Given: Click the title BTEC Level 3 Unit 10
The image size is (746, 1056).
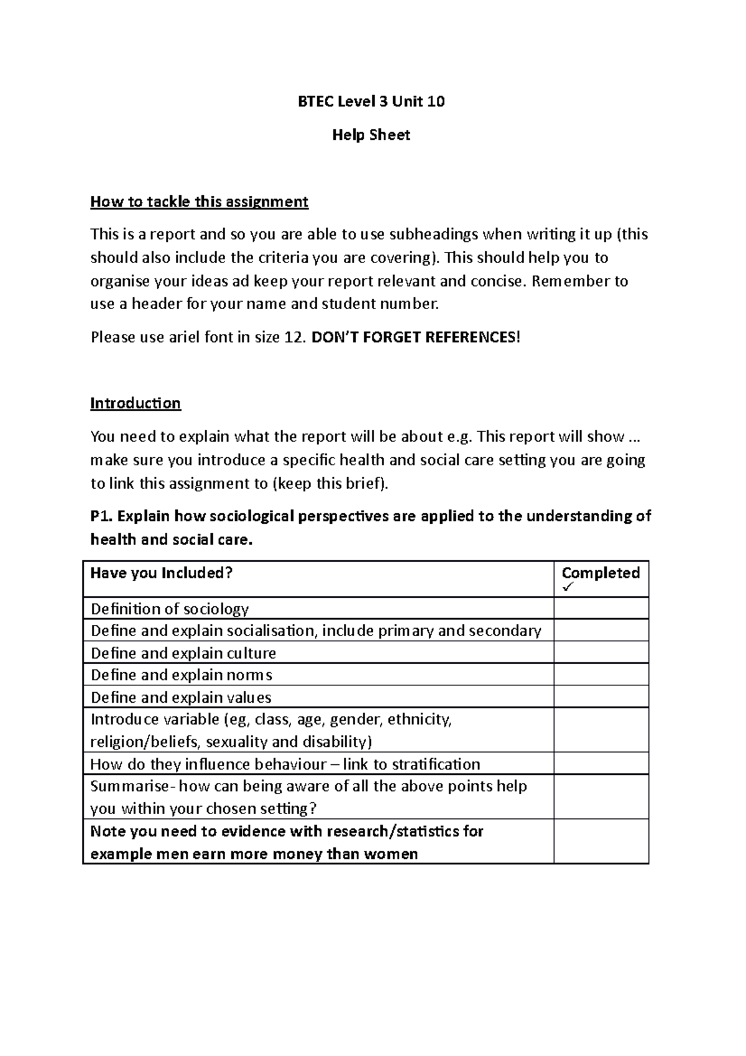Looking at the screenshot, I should coord(371,101).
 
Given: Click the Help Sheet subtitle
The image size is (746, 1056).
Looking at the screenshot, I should coord(371,135).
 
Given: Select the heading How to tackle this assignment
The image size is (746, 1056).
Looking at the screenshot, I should coord(199,202).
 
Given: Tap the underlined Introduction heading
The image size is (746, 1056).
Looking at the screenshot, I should coord(136,404).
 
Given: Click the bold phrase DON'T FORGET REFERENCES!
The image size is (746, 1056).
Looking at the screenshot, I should coord(414,338).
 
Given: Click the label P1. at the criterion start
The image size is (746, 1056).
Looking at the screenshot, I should coord(102,516).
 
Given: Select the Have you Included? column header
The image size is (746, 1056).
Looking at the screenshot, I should coord(161,573).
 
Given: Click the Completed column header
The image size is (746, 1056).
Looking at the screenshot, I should coord(601,573).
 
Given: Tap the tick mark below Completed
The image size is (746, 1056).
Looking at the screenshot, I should coord(567,588).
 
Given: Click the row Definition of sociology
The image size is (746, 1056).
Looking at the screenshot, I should coord(170,609).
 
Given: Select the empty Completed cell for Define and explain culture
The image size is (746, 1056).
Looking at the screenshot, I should coord(601,653).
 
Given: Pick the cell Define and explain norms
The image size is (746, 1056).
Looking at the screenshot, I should coord(182,675).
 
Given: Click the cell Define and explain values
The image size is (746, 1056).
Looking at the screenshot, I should coord(181,698).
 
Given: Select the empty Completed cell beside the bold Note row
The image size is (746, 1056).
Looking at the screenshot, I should coord(601,841).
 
